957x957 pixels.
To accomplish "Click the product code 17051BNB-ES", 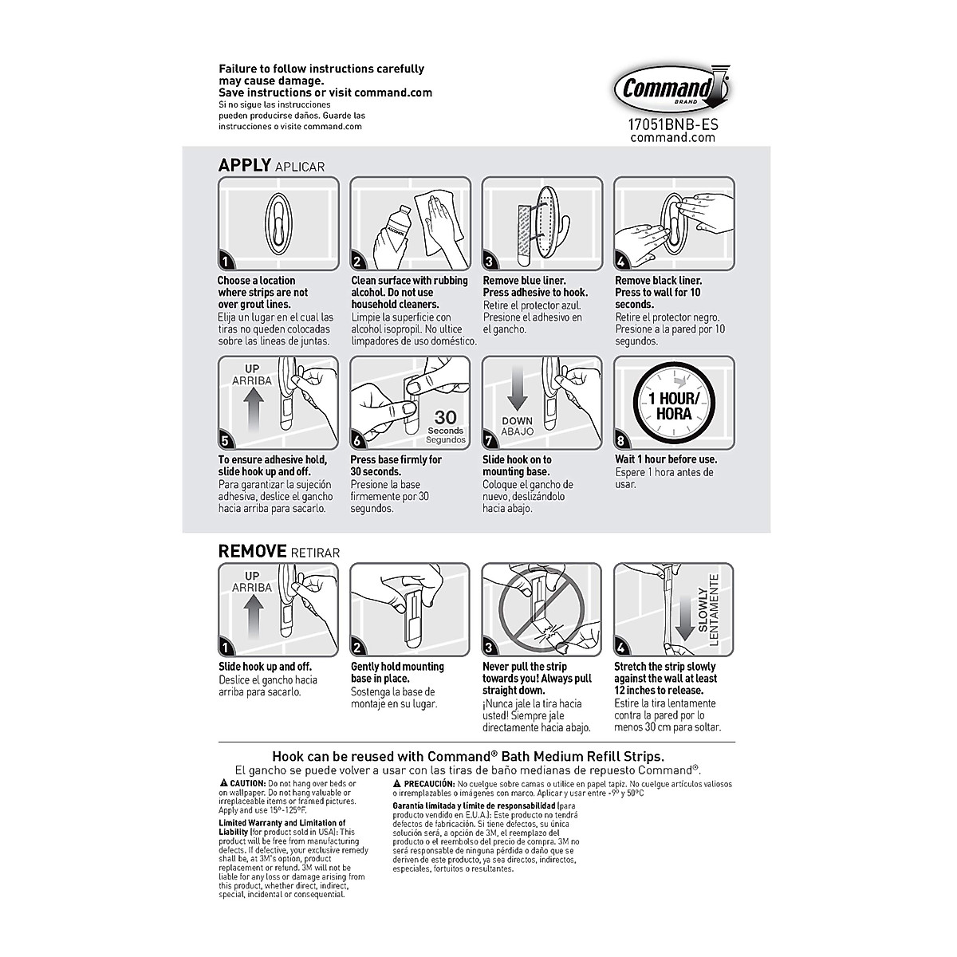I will point(672,124).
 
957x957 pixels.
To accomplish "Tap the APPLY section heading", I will point(245,165).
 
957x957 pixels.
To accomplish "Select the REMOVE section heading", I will point(253,551).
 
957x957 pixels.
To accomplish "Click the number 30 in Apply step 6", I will point(445,417).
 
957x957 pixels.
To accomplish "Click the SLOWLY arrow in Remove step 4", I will point(683,623).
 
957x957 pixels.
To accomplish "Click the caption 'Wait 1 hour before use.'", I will point(666,459).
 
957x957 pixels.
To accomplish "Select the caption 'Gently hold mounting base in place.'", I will point(397,672).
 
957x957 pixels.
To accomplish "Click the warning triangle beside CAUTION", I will point(223,784).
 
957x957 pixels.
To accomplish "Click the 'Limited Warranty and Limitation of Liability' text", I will point(282,827).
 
